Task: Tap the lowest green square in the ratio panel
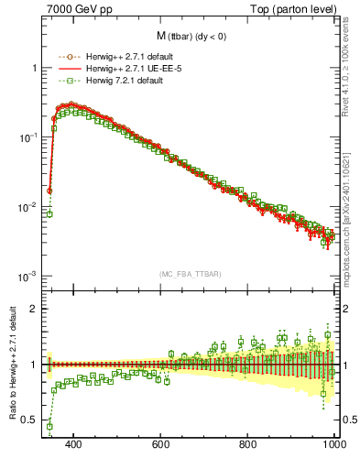49,426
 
